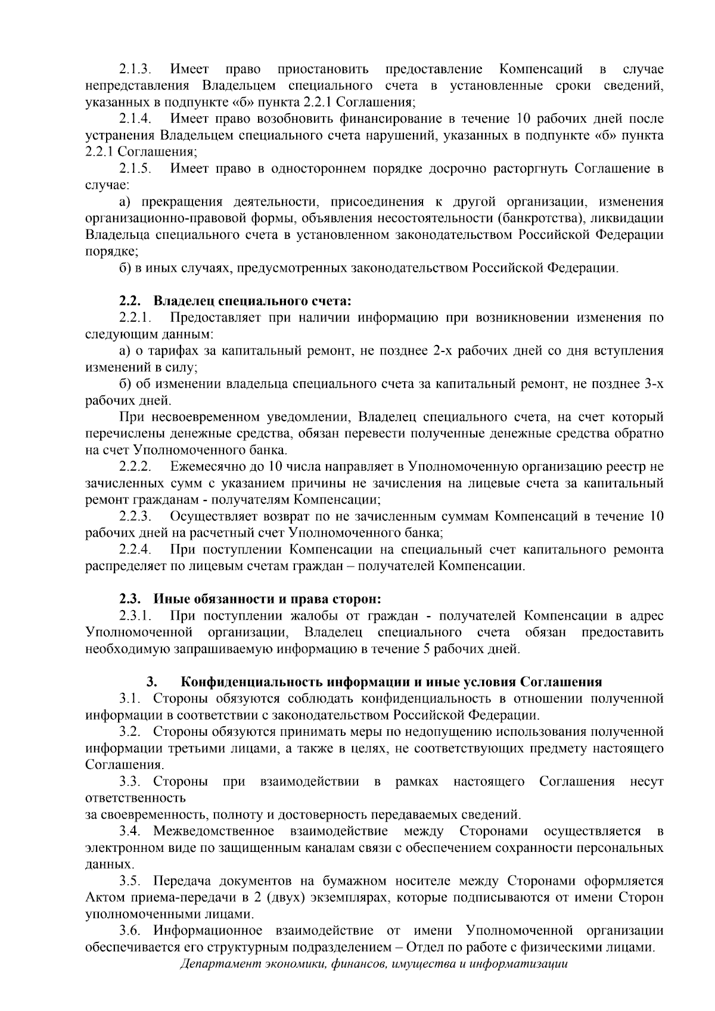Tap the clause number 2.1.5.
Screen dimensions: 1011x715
(x=135, y=169)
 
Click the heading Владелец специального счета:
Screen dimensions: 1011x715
(x=253, y=301)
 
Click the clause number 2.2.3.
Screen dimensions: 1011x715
(x=135, y=516)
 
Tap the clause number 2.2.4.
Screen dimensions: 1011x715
(x=135, y=549)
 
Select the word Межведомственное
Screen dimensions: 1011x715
(x=213, y=831)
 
